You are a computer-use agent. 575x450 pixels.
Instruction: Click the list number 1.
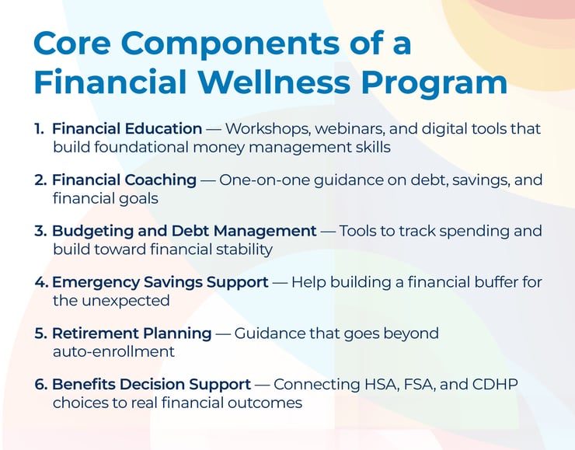coord(38,129)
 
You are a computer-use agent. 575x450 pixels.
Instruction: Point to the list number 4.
coord(41,282)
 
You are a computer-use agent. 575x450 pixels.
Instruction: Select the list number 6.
coord(41,385)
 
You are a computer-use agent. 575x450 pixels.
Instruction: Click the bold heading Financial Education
coord(127,129)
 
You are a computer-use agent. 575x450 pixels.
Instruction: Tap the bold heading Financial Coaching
coord(124,180)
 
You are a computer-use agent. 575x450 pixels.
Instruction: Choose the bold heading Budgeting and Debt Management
coord(184,232)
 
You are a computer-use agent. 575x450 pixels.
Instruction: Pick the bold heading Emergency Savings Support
coord(159,282)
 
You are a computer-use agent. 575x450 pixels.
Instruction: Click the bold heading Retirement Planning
coord(131,333)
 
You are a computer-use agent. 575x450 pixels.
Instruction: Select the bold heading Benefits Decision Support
coord(152,385)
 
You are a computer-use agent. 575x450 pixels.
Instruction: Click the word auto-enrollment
coord(113,351)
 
